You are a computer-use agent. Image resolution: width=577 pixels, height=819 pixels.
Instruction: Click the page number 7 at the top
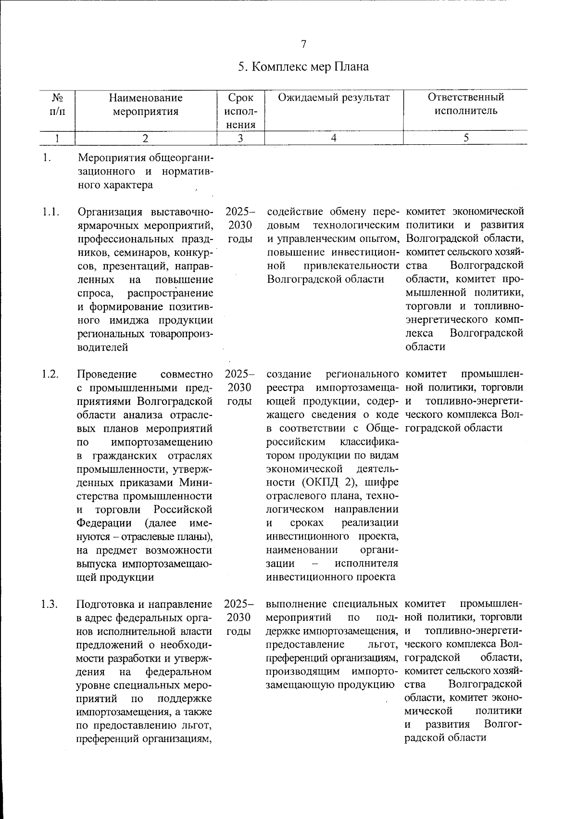(303, 45)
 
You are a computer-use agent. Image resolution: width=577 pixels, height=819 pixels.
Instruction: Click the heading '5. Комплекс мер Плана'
(303, 67)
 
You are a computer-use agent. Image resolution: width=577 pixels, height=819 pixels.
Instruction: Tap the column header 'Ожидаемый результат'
(334, 98)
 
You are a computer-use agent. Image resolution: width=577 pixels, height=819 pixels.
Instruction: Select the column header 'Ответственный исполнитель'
(465, 104)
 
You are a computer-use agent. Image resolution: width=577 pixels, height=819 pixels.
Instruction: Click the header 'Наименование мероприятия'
(145, 104)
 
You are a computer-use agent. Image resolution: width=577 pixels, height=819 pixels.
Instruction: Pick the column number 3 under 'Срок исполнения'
(240, 138)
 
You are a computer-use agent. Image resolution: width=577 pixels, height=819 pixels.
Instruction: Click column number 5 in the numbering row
(465, 138)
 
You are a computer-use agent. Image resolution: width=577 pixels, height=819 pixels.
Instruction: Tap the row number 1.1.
(50, 212)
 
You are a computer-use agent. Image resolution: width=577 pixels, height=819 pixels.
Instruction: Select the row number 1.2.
(50, 375)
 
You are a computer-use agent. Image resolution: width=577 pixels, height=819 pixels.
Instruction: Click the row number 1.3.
(50, 604)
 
